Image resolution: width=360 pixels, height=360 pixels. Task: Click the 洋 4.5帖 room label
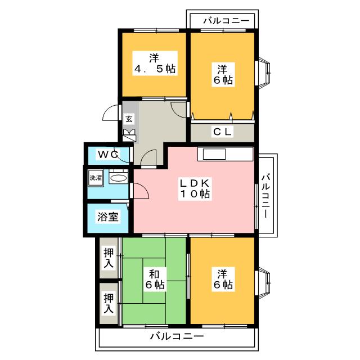click(x=155, y=64)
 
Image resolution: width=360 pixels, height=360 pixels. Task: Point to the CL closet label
click(x=222, y=132)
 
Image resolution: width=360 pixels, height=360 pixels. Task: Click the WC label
click(x=109, y=154)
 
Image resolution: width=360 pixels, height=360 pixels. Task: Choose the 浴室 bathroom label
click(x=108, y=217)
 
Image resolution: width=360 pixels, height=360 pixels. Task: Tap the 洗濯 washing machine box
click(x=96, y=178)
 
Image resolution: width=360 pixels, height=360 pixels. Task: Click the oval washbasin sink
click(x=118, y=178)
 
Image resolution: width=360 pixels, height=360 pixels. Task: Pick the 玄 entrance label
click(x=129, y=119)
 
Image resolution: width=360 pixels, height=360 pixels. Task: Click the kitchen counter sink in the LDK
click(x=214, y=154)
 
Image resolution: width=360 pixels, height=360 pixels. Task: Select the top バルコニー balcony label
click(x=226, y=21)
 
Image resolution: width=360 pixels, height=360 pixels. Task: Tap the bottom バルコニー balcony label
click(x=177, y=336)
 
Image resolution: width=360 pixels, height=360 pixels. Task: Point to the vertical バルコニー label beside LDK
click(x=265, y=195)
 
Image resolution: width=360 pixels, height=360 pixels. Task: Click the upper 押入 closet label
click(x=109, y=258)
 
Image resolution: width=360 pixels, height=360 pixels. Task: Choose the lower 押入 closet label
click(x=109, y=304)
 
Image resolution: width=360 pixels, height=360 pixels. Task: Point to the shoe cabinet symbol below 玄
click(x=129, y=136)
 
